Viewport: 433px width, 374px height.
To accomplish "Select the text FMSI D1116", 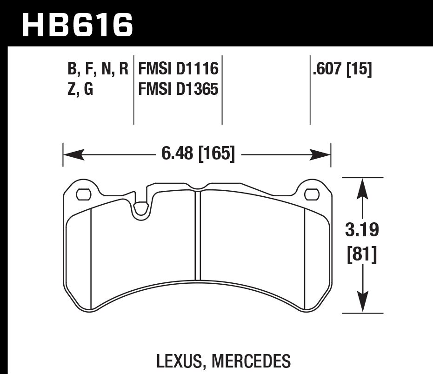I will pyautogui.click(x=179, y=70).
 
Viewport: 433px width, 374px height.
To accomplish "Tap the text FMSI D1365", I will pyautogui.click(x=179, y=89).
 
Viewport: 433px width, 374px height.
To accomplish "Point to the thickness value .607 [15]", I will pyautogui.click(x=342, y=70).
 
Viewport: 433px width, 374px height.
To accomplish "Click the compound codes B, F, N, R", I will pyautogui.click(x=97, y=70).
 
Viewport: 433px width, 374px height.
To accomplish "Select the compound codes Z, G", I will pyautogui.click(x=80, y=89).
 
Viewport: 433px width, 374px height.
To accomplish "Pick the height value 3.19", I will pyautogui.click(x=363, y=230).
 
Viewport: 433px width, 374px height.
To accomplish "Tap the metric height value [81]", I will pyautogui.click(x=363, y=255).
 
